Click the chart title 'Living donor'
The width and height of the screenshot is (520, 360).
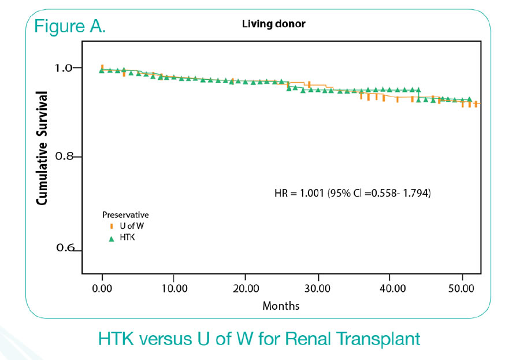(274, 24)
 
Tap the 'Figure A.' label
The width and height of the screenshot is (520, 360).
(70, 26)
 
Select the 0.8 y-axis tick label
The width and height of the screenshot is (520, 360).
(64, 156)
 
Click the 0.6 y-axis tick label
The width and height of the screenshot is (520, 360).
(65, 247)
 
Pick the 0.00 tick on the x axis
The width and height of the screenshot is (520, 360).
(102, 288)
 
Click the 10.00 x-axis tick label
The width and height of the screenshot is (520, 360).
(174, 288)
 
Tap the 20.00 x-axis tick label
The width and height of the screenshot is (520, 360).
(246, 288)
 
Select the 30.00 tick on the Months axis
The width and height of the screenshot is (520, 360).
(317, 288)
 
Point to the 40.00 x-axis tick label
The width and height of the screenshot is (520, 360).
(392, 288)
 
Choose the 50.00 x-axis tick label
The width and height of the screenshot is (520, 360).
(461, 288)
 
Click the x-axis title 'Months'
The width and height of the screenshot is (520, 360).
(281, 306)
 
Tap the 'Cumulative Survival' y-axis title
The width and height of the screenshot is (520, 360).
(42, 148)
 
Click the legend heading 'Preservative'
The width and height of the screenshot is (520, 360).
(125, 215)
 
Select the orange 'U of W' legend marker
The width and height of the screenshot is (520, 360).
(112, 227)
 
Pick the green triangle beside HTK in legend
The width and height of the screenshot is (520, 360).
(112, 239)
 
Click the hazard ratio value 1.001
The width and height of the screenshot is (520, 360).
(312, 193)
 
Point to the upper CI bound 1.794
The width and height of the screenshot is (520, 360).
(416, 193)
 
